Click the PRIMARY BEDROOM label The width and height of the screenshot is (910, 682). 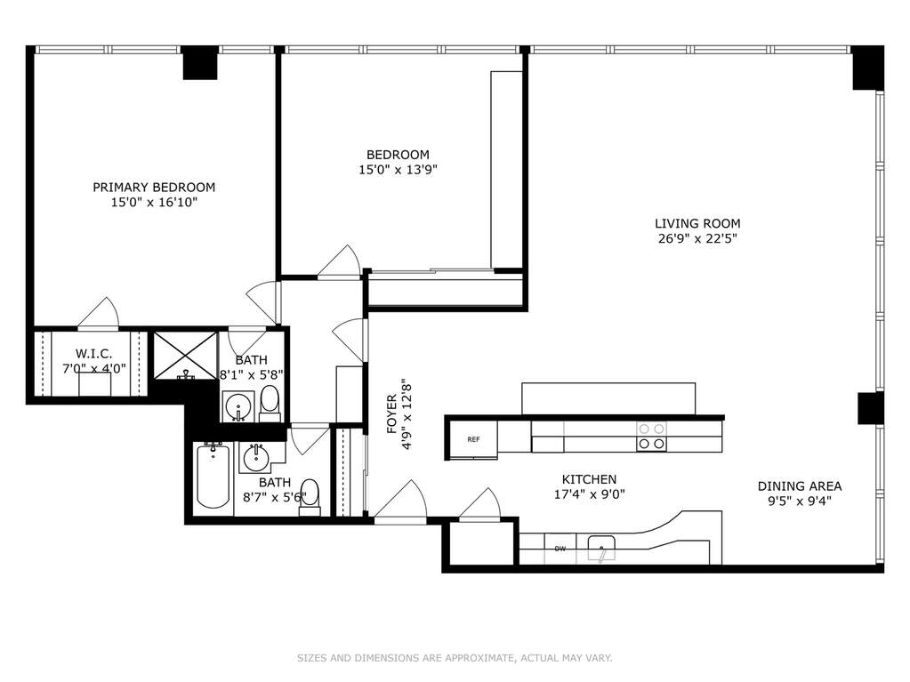pyautogui.click(x=154, y=188)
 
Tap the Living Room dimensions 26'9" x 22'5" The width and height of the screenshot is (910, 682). pyautogui.click(x=697, y=238)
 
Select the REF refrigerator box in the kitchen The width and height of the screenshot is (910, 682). pyautogui.click(x=473, y=439)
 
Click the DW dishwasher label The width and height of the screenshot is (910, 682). pyautogui.click(x=560, y=549)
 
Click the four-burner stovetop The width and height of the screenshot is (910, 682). pyautogui.click(x=651, y=437)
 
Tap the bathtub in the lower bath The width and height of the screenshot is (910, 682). pyautogui.click(x=213, y=476)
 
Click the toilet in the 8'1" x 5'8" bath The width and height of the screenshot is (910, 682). pyautogui.click(x=270, y=403)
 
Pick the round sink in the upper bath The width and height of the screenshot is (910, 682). pyautogui.click(x=238, y=406)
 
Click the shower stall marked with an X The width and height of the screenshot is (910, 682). pyautogui.click(x=184, y=355)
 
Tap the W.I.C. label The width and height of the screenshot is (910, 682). pyautogui.click(x=94, y=353)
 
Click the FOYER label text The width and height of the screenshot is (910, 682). pyautogui.click(x=391, y=414)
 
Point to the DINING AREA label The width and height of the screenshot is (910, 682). pyautogui.click(x=800, y=486)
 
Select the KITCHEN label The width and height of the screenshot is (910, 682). pyautogui.click(x=589, y=479)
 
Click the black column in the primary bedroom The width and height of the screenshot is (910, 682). pyautogui.click(x=200, y=62)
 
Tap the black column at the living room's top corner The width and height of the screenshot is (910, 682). pyautogui.click(x=867, y=68)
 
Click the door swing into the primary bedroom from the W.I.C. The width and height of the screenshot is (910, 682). pyautogui.click(x=100, y=313)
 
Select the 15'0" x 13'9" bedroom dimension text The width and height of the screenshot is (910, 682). pyautogui.click(x=398, y=170)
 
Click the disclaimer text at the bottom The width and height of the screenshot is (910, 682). pyautogui.click(x=455, y=658)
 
